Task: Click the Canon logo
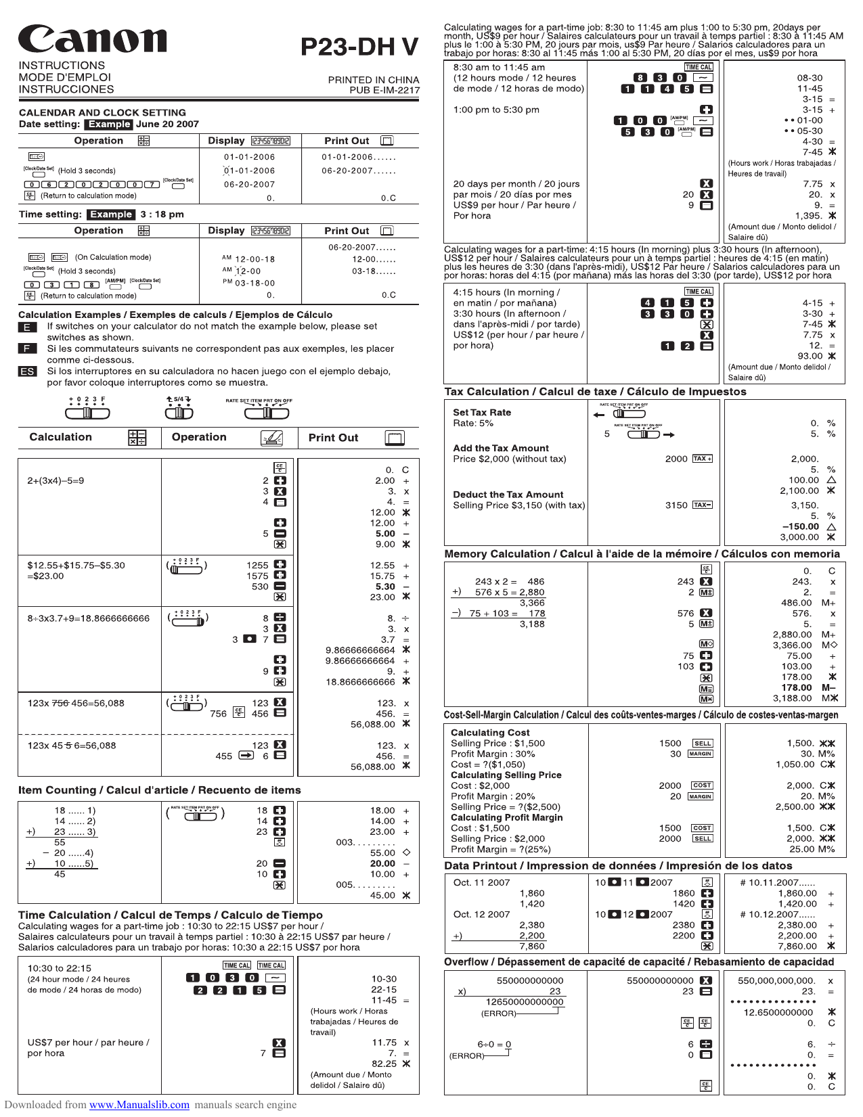(x=92, y=39)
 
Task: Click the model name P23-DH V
(x=359, y=47)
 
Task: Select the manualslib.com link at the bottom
(x=139, y=1104)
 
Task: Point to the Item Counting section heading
(x=159, y=790)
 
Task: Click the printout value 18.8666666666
(x=360, y=682)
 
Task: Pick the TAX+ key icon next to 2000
(x=703, y=459)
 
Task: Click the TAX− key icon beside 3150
(x=703, y=505)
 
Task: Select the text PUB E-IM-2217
(x=384, y=90)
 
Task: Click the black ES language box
(x=27, y=371)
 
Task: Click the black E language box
(x=27, y=327)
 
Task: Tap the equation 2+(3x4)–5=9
(x=56, y=481)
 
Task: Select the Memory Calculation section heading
(x=642, y=554)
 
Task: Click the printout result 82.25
(x=384, y=1064)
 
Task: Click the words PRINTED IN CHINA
(x=374, y=80)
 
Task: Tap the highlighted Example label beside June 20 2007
(x=109, y=124)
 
